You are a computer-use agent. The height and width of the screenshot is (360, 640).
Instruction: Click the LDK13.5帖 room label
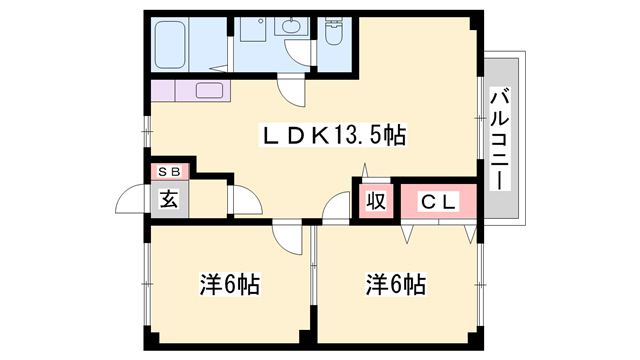[x=333, y=136]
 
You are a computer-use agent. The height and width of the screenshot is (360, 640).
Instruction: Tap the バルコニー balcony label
[x=500, y=138]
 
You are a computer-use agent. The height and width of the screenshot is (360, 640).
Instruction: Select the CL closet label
[x=438, y=202]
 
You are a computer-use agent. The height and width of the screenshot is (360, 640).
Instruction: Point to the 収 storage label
[x=376, y=201]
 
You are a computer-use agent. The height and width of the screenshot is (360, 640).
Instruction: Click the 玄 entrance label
[x=169, y=199]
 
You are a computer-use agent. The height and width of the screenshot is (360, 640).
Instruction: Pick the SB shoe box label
[x=169, y=172]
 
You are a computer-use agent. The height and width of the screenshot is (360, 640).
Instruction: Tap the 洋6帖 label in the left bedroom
[x=230, y=284]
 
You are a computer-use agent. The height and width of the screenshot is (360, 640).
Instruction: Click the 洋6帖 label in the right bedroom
[x=396, y=284]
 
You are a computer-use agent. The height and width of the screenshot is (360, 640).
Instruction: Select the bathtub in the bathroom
[x=171, y=44]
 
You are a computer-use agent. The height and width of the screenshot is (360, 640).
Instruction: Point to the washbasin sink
[x=291, y=27]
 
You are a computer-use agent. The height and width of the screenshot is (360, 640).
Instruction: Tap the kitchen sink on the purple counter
[x=209, y=90]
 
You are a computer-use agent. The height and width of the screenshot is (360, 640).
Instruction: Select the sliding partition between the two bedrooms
[x=313, y=265]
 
